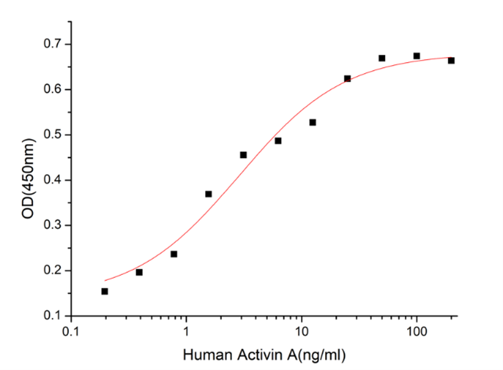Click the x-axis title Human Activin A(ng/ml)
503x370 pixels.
(264, 355)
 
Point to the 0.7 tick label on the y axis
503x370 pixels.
(53, 45)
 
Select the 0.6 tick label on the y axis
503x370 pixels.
(53, 90)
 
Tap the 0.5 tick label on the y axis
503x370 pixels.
(53, 135)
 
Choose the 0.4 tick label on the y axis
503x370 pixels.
(53, 181)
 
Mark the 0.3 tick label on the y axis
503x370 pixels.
(53, 226)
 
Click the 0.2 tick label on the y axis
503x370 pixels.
(53, 271)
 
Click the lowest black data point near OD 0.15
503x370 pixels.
(105, 291)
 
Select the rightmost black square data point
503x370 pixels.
(451, 61)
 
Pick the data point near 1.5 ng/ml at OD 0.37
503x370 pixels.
(209, 194)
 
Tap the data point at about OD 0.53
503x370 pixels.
(313, 122)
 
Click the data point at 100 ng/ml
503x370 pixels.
(417, 56)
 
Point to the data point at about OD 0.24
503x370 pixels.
(174, 254)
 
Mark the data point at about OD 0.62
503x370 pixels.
(347, 78)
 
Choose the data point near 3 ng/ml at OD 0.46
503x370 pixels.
(243, 154)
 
